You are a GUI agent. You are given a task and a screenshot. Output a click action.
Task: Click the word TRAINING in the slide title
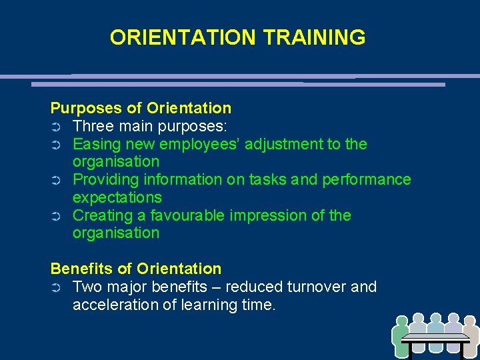click(314, 37)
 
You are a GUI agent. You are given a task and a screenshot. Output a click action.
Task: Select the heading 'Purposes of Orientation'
click(141, 108)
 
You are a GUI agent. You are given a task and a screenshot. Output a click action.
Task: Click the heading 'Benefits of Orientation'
click(136, 269)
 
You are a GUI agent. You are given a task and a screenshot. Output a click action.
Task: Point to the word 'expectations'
click(117, 197)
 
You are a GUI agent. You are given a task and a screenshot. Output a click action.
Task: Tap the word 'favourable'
click(189, 215)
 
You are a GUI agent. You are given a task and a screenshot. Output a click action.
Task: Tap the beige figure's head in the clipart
click(471, 320)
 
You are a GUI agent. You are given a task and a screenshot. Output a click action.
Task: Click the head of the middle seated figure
click(436, 319)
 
